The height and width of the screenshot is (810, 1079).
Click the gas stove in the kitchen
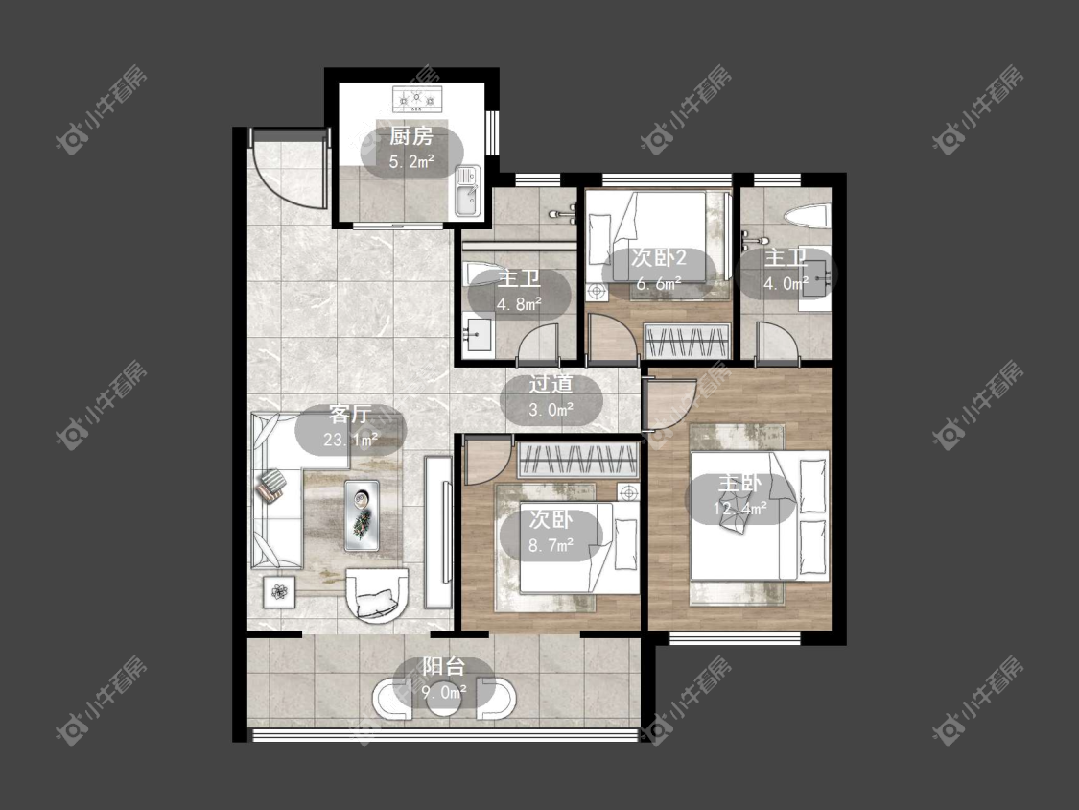point(415,99)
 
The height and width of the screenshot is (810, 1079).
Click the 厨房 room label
point(411,136)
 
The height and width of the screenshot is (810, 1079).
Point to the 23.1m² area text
point(350,440)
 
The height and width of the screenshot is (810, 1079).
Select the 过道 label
point(551,384)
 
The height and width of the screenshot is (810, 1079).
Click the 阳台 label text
point(444,667)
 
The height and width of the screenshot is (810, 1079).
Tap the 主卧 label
point(739,483)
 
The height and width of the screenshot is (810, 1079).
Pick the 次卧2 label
point(659,258)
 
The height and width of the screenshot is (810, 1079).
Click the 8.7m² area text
point(551,546)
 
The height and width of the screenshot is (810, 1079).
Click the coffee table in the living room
point(362,515)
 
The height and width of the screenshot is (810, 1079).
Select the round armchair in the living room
point(376,595)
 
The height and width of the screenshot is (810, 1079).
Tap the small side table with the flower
point(279,591)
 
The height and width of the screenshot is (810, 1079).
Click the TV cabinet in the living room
point(437,532)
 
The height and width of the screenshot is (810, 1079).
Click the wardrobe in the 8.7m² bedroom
point(576,460)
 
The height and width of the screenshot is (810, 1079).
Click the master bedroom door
point(669,404)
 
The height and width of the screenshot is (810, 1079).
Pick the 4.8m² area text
point(520,304)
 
